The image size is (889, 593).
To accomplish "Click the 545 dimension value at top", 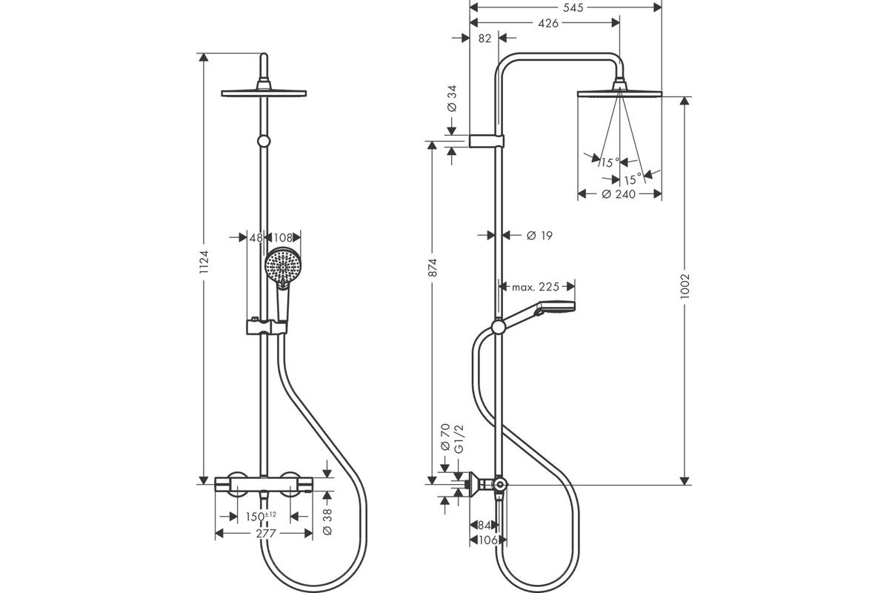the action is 573,7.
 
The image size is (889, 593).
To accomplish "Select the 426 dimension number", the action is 548,24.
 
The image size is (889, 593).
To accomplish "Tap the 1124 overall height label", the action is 204,262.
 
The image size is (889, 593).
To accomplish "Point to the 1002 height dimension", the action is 685,286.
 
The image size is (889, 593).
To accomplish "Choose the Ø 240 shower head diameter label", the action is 619,194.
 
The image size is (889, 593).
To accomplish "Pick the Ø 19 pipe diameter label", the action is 539,236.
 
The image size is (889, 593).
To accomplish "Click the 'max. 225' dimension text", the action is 536,286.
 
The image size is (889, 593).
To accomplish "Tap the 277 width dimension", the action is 265,534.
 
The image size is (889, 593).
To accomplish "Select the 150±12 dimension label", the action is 261,517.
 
